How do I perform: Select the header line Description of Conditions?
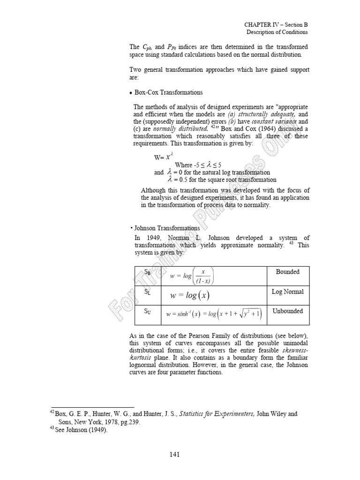click(x=277, y=32)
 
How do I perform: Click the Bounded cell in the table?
click(x=287, y=272)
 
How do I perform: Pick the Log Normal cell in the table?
click(x=287, y=292)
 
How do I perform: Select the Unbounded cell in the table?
click(x=287, y=311)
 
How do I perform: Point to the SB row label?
click(x=141, y=272)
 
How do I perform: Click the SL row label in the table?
click(x=141, y=292)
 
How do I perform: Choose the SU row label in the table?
click(x=141, y=311)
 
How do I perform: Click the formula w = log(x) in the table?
click(x=190, y=295)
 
